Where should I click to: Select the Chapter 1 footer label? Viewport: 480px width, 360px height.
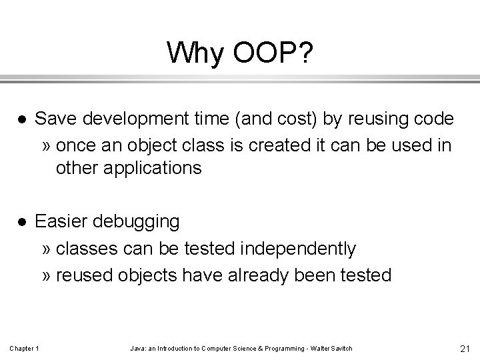(25, 349)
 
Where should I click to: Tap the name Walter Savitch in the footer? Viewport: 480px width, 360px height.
(332, 349)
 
